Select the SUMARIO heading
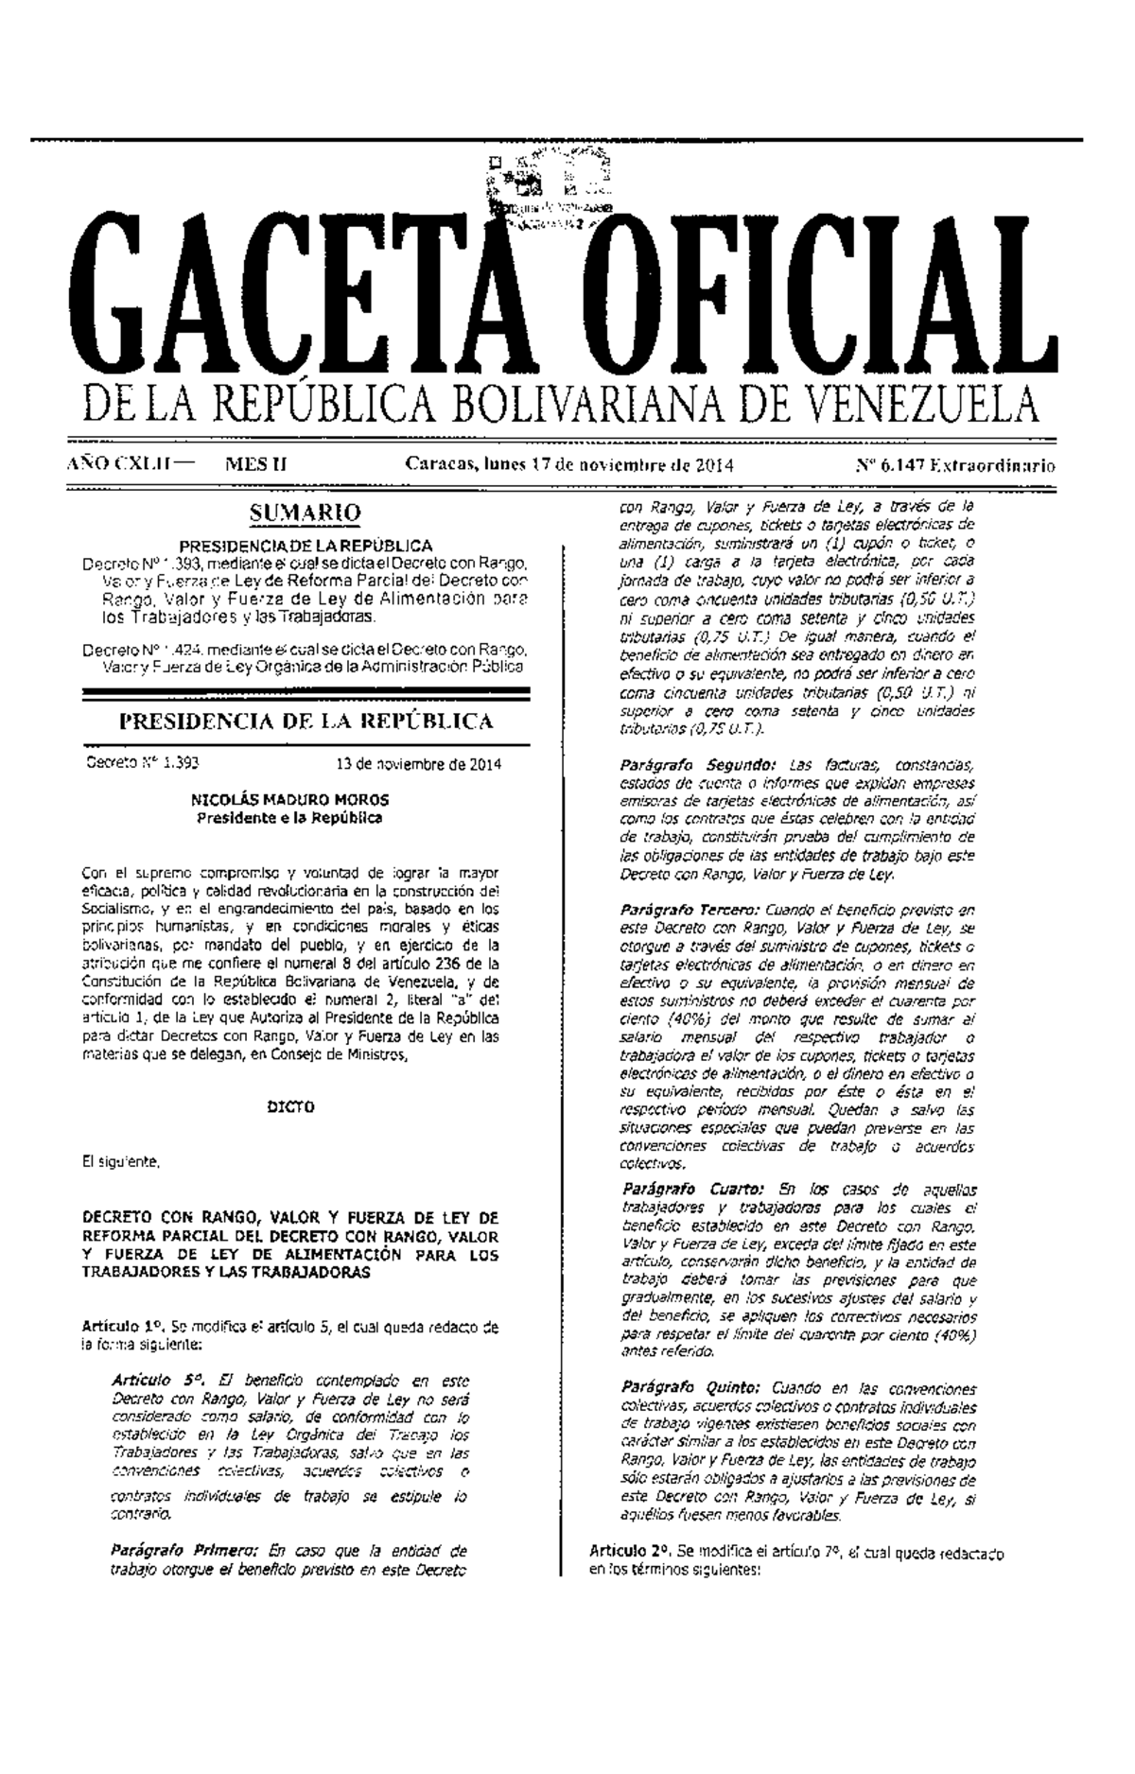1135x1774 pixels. (x=305, y=513)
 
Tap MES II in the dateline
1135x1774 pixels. (x=255, y=465)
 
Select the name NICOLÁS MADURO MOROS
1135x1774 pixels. (x=289, y=800)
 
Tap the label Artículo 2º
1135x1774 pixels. (x=630, y=1552)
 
